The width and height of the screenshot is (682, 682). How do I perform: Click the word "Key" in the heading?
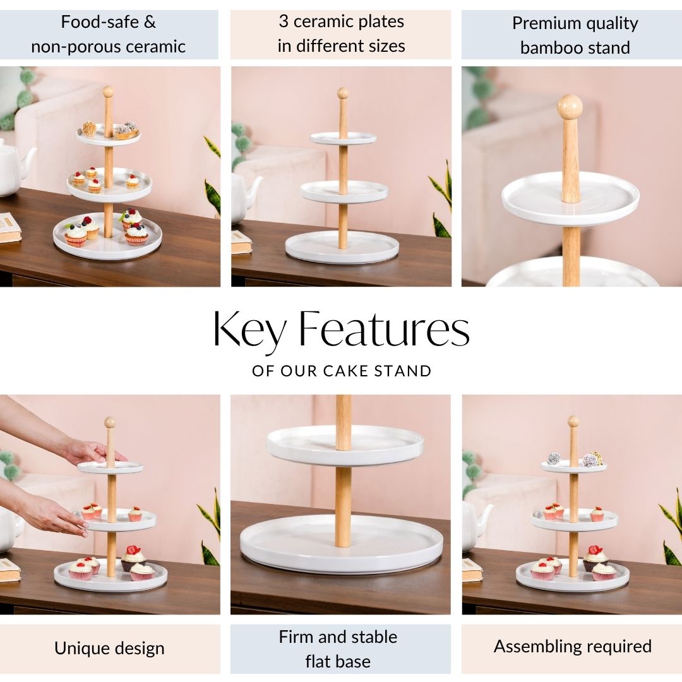(249, 330)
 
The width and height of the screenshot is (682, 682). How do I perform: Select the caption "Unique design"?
(110, 649)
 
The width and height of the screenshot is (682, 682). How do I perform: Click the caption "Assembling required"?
(572, 647)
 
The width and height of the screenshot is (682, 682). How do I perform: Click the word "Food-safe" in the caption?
(100, 21)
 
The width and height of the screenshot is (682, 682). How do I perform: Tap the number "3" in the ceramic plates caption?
(284, 21)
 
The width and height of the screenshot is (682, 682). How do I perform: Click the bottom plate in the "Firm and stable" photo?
(342, 544)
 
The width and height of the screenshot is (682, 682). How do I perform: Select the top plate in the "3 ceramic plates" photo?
(343, 138)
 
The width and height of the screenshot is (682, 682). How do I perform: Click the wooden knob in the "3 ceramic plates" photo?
(343, 93)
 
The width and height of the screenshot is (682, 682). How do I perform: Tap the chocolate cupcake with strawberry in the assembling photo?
(595, 558)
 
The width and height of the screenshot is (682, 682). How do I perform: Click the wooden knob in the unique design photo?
(110, 422)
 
